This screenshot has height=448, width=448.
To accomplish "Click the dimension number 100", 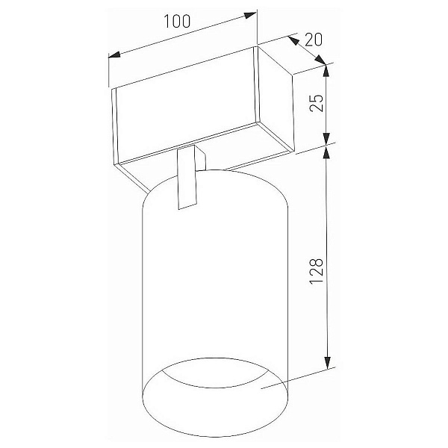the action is (x=177, y=21).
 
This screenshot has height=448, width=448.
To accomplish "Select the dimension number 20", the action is (x=314, y=40).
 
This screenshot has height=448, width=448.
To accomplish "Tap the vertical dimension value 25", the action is (x=317, y=103).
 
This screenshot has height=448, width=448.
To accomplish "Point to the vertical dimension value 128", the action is (x=317, y=271).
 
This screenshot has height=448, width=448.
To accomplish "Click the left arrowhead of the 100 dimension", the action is (x=114, y=55).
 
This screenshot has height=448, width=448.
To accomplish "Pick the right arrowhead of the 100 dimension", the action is (x=250, y=15).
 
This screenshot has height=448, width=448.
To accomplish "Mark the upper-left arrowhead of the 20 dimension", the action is (x=293, y=40).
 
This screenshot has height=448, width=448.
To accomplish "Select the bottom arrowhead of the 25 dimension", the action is (x=326, y=139).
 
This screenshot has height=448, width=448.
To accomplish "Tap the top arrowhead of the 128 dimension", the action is (x=327, y=152).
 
